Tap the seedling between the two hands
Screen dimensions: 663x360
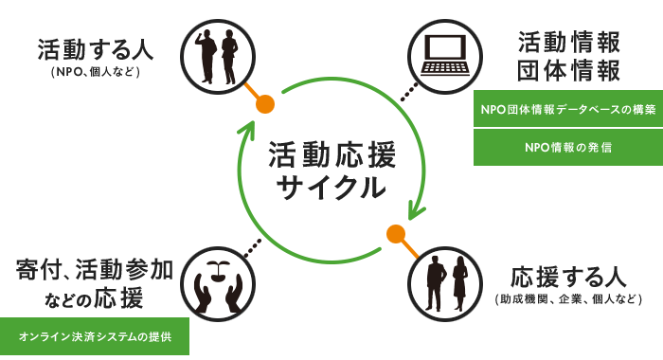pos(218,272)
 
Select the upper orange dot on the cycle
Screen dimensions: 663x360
pos(264,104)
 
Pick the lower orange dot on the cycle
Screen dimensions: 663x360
pos(396,234)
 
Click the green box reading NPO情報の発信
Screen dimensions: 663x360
pos(568,147)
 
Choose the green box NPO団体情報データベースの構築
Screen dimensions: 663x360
pos(568,109)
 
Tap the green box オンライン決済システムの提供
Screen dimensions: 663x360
pos(95,336)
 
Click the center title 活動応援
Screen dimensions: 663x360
pos(331,154)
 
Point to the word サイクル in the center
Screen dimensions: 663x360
pos(331,187)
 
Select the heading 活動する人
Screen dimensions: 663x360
pos(95,49)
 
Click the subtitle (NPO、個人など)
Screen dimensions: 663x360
pos(95,72)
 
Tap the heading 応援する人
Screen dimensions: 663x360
pos(568,277)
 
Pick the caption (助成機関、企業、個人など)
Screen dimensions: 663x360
pos(568,299)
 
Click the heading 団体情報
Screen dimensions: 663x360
pos(568,70)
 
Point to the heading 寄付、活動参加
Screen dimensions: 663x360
pos(95,270)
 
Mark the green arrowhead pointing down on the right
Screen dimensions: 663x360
pos(416,210)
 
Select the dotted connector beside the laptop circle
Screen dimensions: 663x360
pos(409,92)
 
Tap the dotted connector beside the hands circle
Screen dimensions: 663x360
pos(253,248)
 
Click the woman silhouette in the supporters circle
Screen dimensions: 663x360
pos(459,283)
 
